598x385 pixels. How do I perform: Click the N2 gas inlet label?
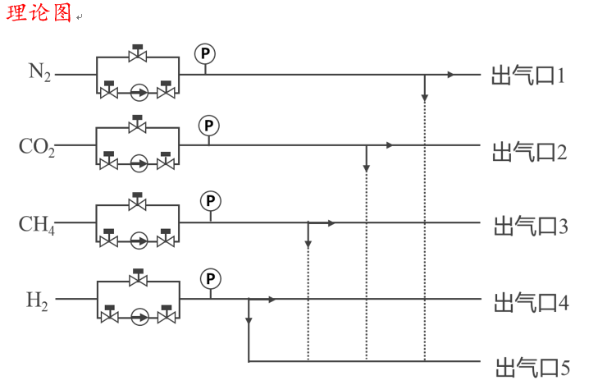(x=40, y=72)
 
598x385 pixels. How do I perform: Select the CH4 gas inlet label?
(x=37, y=223)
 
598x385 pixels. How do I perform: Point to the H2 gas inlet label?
(x=38, y=300)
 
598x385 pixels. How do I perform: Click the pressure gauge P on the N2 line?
(x=204, y=53)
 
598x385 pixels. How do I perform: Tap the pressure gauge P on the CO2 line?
(x=209, y=126)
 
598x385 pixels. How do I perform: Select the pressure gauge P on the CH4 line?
(x=212, y=201)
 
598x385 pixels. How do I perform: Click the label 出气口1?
(x=530, y=76)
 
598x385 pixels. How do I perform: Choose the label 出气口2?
(x=530, y=151)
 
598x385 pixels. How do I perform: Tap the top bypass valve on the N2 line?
(x=138, y=54)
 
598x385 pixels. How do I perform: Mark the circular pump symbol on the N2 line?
(x=139, y=92)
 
